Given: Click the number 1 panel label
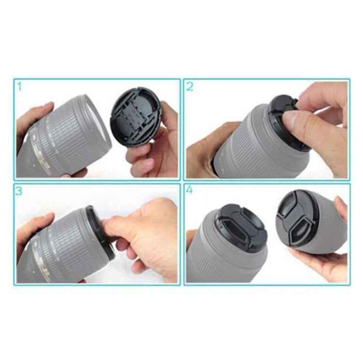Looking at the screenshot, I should coord(19,87).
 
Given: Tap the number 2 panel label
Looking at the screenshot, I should coord(190,87).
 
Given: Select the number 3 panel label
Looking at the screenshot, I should coord(19,191).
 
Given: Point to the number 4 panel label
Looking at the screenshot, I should coord(189,190).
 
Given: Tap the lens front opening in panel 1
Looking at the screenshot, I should coord(99,126).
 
